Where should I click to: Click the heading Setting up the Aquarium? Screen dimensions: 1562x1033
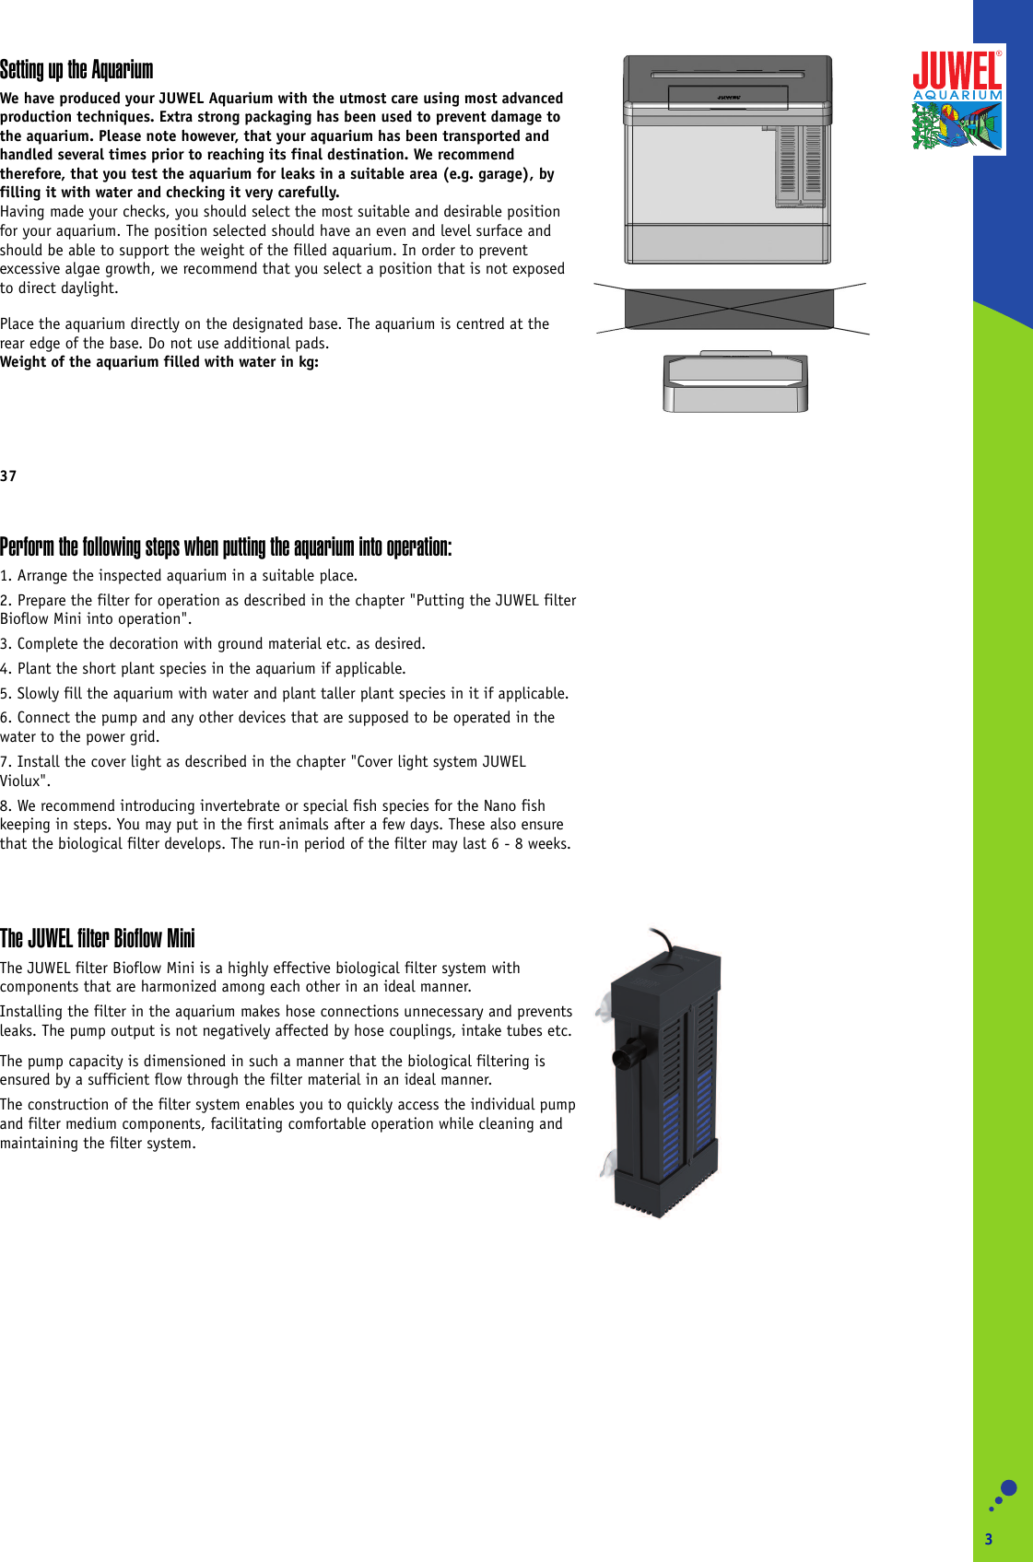pos(76,70)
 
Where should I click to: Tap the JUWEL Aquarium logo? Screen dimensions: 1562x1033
pos(957,100)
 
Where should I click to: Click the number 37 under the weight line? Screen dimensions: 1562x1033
pos(8,476)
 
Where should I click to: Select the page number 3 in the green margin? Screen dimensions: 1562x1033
pos(989,1539)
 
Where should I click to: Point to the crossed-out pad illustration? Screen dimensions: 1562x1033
pos(729,308)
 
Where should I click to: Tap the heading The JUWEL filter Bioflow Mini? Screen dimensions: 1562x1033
pos(98,939)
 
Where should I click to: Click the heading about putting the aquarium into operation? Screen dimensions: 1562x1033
pos(226,547)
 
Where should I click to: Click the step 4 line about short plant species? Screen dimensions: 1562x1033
pos(203,669)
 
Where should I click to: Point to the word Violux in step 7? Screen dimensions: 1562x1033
pos(20,781)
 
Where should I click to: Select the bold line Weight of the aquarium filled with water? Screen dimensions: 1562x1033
pos(159,362)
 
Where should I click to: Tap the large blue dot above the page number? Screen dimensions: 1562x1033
pos(1008,1488)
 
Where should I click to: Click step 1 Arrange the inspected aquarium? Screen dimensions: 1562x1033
pos(179,576)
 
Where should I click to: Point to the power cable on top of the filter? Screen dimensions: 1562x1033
pos(662,941)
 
